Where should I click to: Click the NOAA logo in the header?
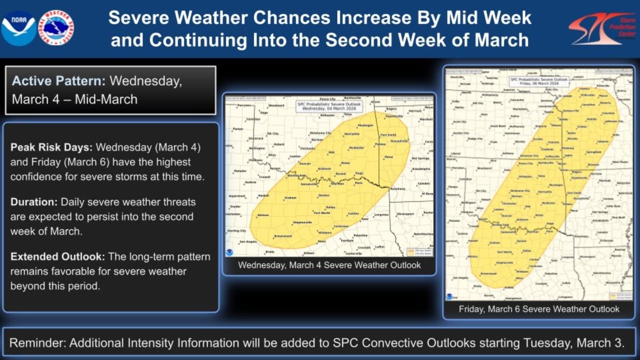pyautogui.click(x=18, y=28)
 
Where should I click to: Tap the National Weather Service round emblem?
pyautogui.click(x=56, y=28)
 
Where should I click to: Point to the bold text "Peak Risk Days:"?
pyautogui.click(x=51, y=148)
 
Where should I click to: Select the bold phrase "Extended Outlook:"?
pyautogui.click(x=57, y=256)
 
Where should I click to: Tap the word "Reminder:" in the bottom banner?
pyautogui.click(x=37, y=343)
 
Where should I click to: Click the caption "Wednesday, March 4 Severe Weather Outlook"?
pyautogui.click(x=329, y=265)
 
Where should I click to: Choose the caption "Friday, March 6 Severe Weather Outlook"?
pyautogui.click(x=539, y=309)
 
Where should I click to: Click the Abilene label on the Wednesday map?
pyautogui.click(x=262, y=215)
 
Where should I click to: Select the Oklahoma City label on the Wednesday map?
pyautogui.click(x=320, y=133)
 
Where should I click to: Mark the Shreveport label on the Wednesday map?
pyautogui.click(x=405, y=214)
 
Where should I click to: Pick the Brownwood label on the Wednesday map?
pyautogui.click(x=282, y=236)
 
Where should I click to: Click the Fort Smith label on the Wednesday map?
pyautogui.click(x=388, y=135)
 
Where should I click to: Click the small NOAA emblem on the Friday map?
pyautogui.click(x=449, y=296)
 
